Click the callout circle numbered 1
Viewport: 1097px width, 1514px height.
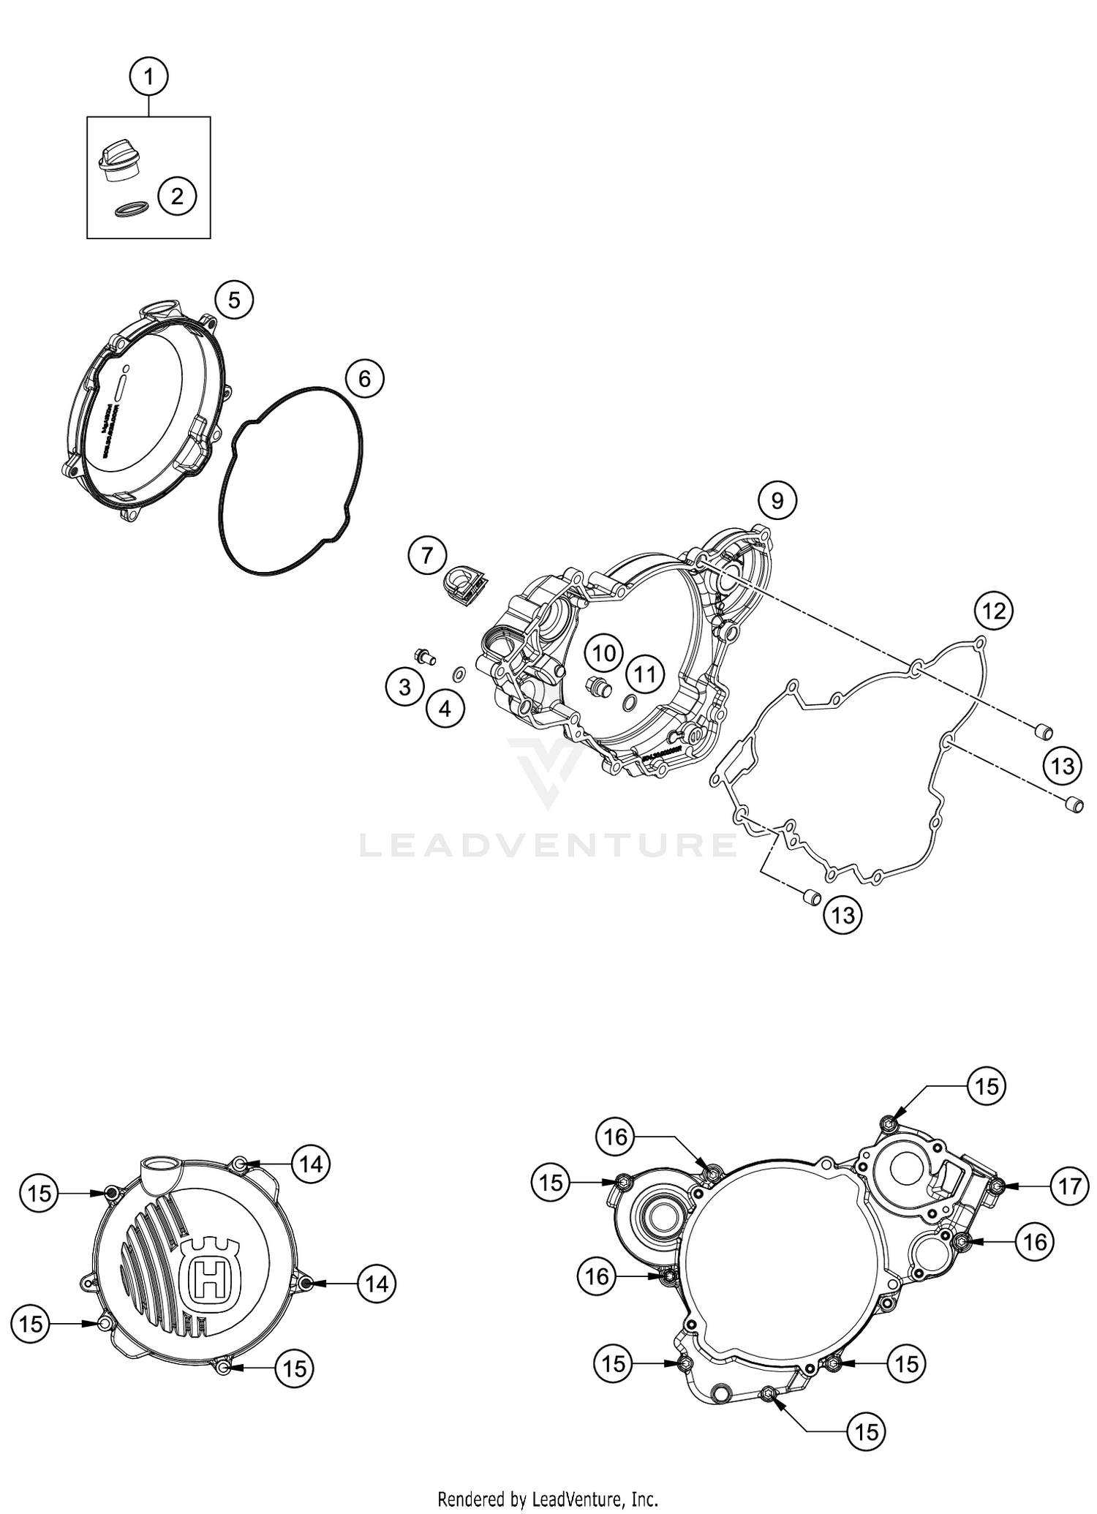click(149, 76)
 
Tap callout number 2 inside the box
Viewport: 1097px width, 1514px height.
click(176, 195)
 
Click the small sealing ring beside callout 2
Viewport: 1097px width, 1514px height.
click(129, 210)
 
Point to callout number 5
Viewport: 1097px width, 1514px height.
click(233, 300)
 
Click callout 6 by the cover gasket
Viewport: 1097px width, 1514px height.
click(364, 379)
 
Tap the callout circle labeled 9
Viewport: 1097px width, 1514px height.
click(777, 500)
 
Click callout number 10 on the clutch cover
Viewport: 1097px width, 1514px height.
click(603, 653)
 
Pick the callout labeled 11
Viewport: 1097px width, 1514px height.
click(645, 673)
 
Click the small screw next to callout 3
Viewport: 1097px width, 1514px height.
click(423, 655)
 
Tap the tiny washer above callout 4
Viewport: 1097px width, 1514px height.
click(458, 674)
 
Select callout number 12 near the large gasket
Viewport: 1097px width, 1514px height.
click(994, 610)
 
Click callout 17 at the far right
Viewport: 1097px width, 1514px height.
click(1068, 1186)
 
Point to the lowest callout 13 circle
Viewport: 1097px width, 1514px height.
click(842, 915)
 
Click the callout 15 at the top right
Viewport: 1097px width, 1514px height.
click(987, 1087)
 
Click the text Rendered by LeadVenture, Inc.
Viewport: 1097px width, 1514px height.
click(548, 1499)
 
